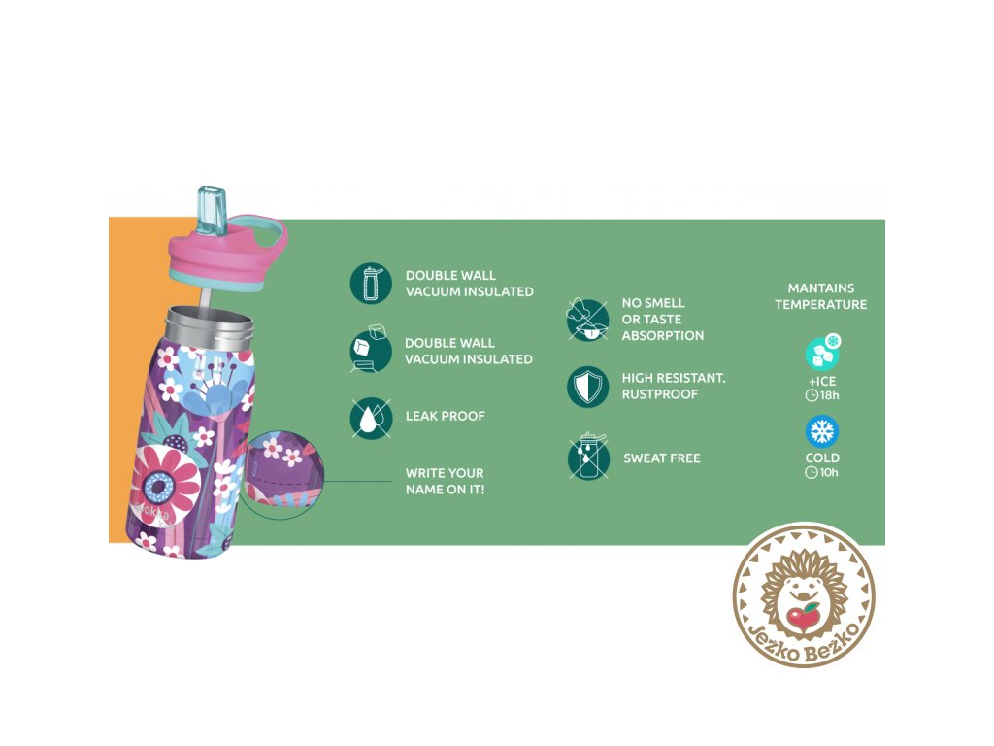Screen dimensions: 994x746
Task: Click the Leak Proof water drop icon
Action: (370, 418)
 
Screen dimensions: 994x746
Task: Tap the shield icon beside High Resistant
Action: (587, 387)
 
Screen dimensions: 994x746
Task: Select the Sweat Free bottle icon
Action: (587, 458)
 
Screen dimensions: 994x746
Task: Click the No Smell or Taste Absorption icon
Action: (587, 319)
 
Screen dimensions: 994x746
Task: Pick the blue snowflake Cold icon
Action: (822, 431)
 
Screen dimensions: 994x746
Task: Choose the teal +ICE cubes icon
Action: (822, 354)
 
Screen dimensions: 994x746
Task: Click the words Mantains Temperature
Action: (821, 296)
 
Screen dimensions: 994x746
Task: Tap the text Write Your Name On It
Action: (445, 481)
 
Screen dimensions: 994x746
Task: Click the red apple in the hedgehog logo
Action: (803, 616)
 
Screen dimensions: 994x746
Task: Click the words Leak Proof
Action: (445, 416)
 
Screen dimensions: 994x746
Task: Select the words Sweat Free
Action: (661, 458)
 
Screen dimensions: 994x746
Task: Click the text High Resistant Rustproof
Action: (674, 386)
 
